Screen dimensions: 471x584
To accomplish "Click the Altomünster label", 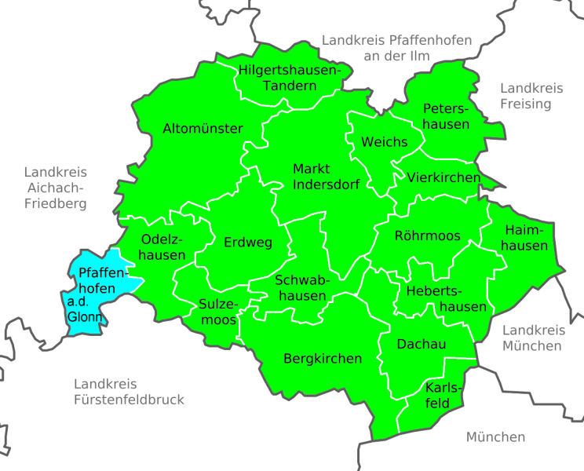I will [203, 129].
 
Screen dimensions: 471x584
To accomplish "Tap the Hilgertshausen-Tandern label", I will [290, 77].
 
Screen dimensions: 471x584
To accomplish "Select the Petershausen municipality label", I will [446, 115].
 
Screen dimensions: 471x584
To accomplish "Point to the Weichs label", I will [384, 142].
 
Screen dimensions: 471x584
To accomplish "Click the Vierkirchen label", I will [443, 178].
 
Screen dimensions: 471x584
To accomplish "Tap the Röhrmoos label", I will [427, 235].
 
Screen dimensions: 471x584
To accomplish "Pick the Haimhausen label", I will [526, 237].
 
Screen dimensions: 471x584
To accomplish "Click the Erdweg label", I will [248, 242].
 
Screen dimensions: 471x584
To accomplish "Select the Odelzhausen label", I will [163, 246].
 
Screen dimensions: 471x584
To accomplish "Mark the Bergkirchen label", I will [323, 359].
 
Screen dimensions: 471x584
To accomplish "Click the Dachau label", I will [422, 345].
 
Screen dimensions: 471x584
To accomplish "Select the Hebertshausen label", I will [446, 299].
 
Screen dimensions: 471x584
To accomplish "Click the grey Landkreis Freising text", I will [526, 96].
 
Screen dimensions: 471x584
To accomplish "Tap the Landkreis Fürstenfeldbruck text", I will [130, 392].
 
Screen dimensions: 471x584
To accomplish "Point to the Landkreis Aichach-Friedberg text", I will [55, 188].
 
